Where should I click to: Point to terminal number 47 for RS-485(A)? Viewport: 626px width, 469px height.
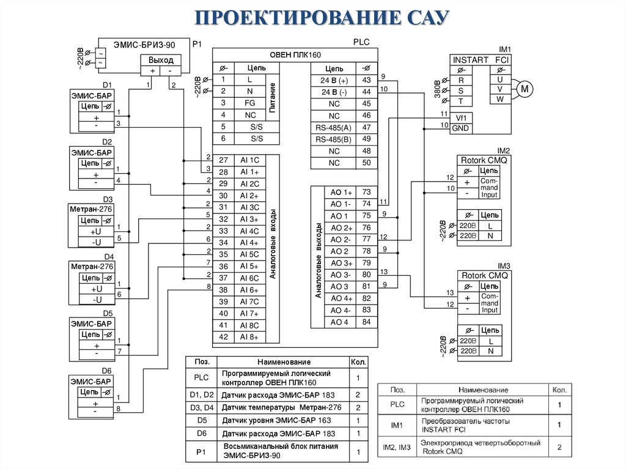click(366, 127)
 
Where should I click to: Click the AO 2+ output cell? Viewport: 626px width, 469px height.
click(341, 227)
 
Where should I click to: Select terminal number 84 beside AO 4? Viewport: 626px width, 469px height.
click(366, 322)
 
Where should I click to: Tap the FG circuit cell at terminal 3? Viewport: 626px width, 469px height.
click(249, 103)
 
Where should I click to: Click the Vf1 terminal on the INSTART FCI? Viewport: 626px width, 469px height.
click(461, 117)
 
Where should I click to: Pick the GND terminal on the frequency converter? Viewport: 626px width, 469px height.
click(461, 128)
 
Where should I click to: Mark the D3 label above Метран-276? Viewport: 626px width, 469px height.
click(108, 199)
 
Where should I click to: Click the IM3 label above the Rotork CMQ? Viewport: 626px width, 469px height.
click(503, 266)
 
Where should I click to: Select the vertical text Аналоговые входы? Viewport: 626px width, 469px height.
click(273, 245)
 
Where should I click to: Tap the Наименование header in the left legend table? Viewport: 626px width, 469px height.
click(284, 362)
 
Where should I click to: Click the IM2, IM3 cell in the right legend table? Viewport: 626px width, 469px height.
click(397, 448)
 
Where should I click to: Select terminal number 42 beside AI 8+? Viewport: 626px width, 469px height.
click(223, 337)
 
